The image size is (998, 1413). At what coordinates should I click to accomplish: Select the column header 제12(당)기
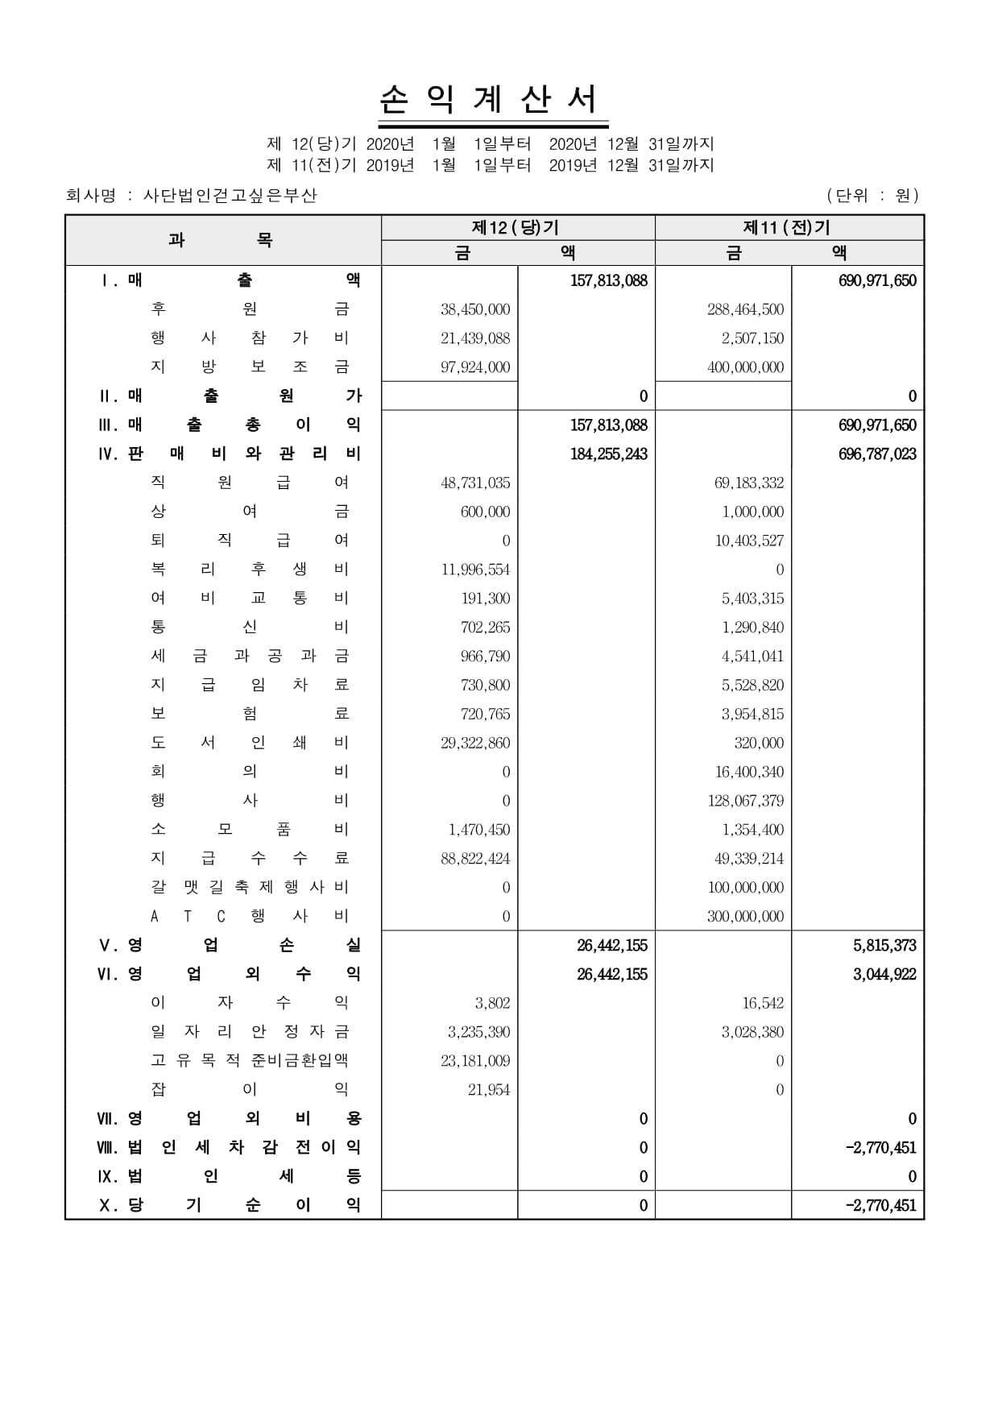516,228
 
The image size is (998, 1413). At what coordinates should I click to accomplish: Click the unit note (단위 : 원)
872,195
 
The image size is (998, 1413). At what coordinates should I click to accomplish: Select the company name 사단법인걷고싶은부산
230,195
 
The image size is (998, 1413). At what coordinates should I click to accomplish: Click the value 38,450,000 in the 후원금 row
475,309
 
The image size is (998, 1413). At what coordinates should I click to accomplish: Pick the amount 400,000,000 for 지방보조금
745,367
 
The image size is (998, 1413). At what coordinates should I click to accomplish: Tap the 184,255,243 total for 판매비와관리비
608,454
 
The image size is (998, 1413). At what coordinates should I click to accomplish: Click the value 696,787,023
877,454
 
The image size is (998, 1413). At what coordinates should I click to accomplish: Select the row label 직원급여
250,483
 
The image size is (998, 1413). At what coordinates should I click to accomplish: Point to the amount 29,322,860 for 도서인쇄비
475,743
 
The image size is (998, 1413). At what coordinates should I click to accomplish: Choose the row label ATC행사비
250,916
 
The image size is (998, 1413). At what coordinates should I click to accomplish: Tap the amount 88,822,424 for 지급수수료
475,859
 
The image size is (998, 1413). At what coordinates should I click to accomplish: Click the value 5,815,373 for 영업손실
884,946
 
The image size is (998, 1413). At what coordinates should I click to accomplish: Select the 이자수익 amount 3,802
492,1003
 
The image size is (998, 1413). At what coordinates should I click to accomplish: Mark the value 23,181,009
475,1061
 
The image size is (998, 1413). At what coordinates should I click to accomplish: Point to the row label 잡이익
250,1090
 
